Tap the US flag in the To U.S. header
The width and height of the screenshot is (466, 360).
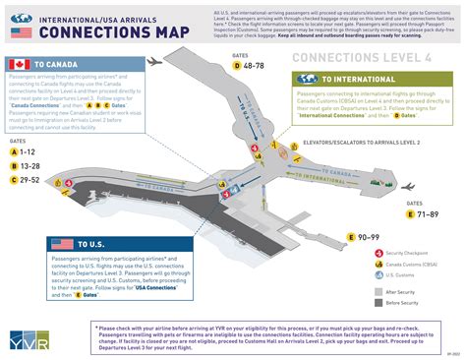63,243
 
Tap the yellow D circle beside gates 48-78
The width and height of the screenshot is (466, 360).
237,65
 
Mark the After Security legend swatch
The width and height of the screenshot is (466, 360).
380,292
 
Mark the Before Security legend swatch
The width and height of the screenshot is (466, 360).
380,303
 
